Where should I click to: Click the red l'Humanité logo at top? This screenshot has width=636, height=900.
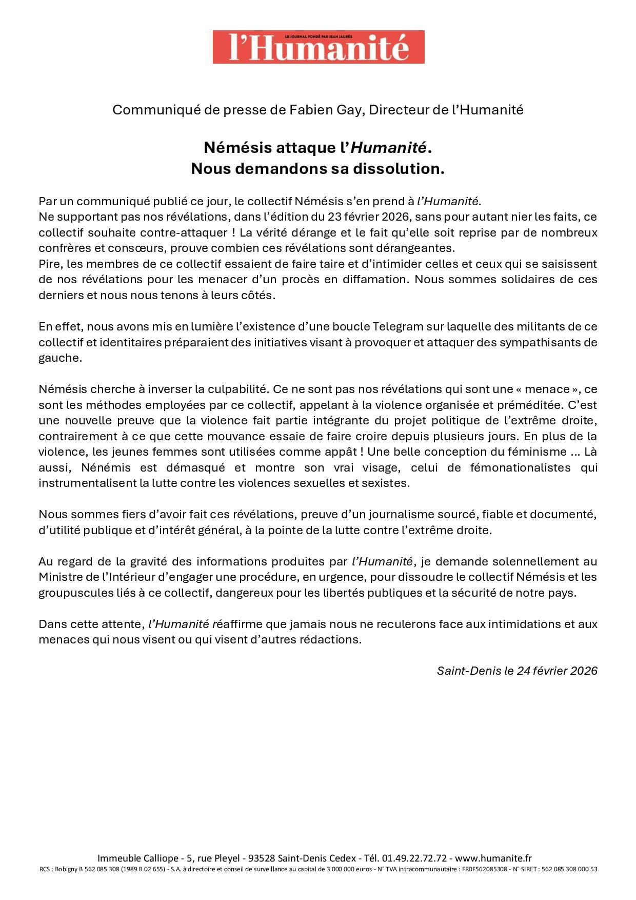tap(319, 47)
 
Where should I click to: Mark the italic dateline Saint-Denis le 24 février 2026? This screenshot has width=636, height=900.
tap(517, 671)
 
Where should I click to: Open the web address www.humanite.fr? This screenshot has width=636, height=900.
tap(493, 858)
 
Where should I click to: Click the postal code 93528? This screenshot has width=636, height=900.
tap(262, 858)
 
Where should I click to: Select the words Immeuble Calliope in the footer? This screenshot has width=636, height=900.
tap(138, 858)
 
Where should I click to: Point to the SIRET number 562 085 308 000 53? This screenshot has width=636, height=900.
tap(572, 869)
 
